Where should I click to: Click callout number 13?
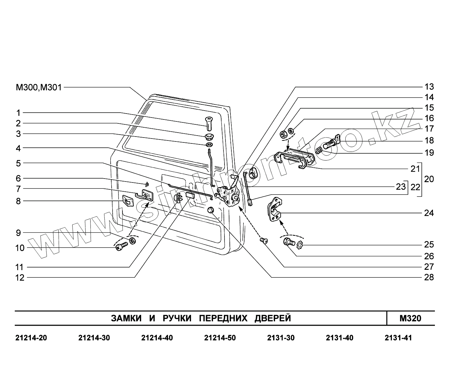[x=429, y=87]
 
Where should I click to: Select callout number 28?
[x=429, y=277]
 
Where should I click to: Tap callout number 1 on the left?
[x=18, y=113]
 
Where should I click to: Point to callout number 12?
[x=20, y=278]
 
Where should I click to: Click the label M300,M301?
[x=39, y=88]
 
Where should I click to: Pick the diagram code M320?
[x=410, y=318]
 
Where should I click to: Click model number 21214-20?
[x=31, y=338]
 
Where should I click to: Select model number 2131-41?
[x=398, y=338]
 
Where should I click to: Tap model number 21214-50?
[x=220, y=338]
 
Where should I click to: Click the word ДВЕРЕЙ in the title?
[x=273, y=318]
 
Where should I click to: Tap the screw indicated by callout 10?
[x=121, y=246]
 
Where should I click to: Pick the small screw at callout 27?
[x=264, y=241]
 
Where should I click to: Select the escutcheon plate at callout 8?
[x=128, y=201]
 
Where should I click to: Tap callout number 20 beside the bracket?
[x=429, y=179]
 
